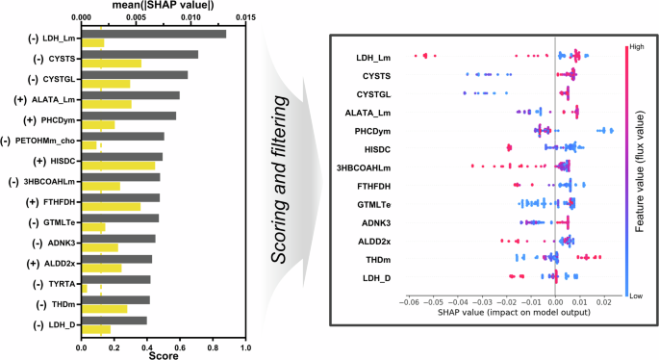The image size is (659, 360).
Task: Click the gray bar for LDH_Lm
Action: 154,34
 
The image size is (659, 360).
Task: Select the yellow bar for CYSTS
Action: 112,64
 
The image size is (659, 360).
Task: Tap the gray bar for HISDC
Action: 122,156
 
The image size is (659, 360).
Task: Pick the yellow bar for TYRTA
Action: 85,289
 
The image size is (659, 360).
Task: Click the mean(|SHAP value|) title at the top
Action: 164,6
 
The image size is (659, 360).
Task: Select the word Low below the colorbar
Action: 636,296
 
